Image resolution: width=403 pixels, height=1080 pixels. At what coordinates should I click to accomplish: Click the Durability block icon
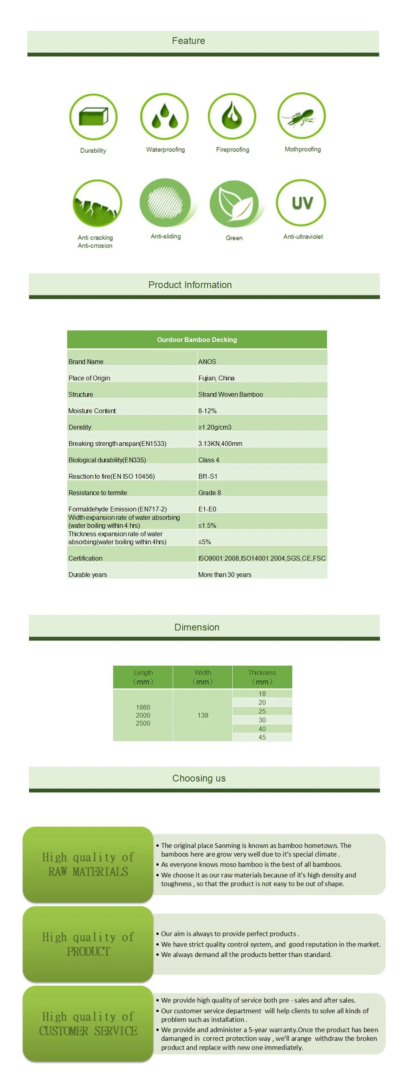93,117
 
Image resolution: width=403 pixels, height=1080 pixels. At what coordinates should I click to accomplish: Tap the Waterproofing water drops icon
164,116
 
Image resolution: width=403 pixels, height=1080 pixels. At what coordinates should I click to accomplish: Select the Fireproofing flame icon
232,116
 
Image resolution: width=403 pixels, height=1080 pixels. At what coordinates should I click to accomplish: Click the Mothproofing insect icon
301,116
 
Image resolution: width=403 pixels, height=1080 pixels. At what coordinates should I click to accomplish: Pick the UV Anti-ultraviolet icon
301,203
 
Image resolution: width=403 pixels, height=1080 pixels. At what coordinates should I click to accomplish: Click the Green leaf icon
234,203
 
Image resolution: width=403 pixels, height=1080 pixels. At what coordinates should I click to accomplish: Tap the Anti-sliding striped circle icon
165,203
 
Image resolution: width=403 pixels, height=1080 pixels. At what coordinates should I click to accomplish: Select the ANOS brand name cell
207,361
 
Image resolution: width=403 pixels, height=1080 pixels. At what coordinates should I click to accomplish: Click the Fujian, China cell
216,378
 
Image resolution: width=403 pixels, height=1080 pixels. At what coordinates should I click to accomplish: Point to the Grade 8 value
209,493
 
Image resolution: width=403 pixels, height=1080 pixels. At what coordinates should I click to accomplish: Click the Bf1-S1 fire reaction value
207,476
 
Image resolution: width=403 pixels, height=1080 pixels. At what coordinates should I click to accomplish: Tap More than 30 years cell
224,575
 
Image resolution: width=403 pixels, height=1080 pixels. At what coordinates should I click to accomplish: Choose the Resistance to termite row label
98,493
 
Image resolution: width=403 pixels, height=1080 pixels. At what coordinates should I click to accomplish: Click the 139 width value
203,715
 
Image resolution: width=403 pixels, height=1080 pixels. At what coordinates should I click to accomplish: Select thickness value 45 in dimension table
262,737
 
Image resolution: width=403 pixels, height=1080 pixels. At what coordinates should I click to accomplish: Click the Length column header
143,677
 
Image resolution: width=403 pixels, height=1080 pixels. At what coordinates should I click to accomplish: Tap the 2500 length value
143,723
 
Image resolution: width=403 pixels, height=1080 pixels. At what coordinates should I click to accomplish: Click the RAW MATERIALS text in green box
88,871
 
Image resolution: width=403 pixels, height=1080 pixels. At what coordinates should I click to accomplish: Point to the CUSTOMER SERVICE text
88,1031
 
